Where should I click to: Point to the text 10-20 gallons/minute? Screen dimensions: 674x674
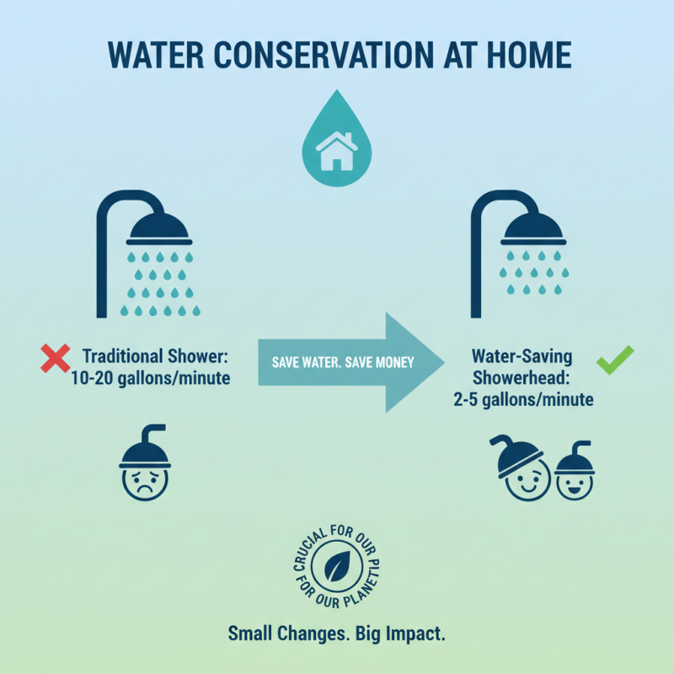coord(151,378)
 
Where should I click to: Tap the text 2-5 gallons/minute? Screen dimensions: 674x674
coord(522,399)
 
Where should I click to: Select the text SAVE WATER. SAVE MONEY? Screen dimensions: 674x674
coord(342,362)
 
